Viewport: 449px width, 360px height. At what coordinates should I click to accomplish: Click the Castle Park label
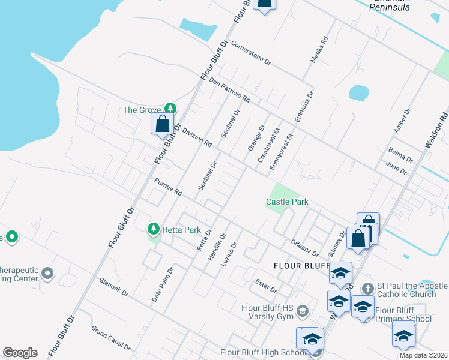287,202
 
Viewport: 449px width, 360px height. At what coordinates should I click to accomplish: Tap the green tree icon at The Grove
171,108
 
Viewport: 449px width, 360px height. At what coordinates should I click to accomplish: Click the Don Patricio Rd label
229,89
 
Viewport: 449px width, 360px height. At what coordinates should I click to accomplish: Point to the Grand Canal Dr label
110,338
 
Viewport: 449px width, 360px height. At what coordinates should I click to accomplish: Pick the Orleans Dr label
304,247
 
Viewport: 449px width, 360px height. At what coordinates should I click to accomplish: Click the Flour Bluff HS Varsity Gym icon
303,311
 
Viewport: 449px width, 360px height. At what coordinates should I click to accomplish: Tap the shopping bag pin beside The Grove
162,124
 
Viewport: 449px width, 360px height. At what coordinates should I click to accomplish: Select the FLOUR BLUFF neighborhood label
301,265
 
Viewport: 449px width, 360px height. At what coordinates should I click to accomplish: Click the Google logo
20,353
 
